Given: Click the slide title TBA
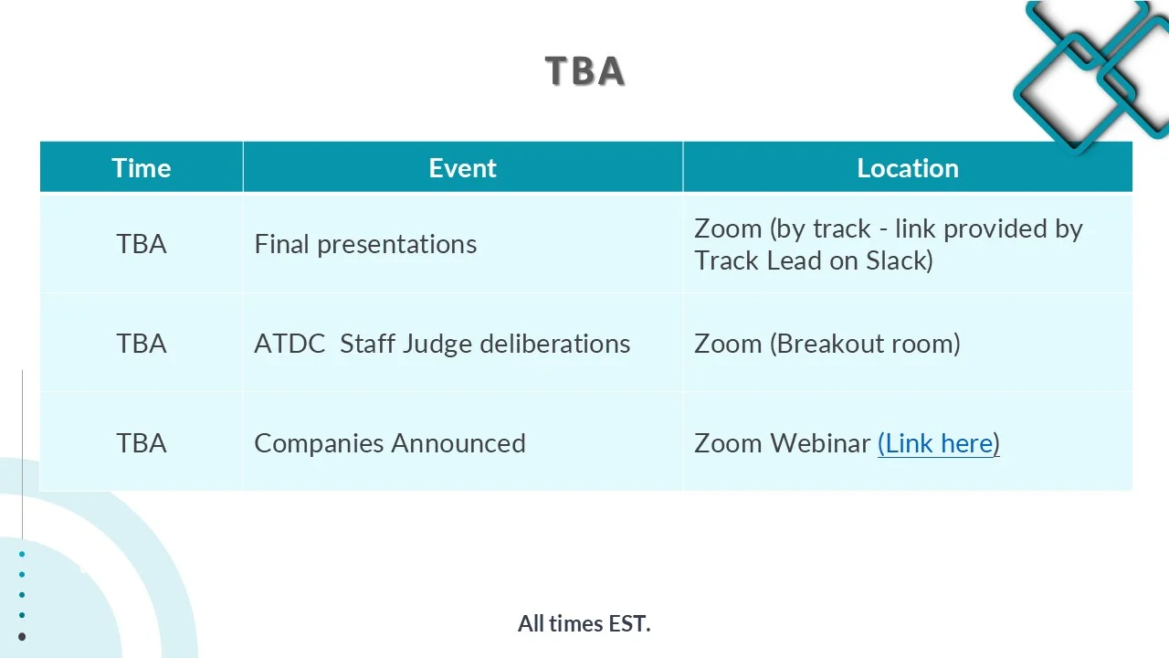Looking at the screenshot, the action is (584, 70).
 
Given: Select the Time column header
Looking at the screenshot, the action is (142, 168).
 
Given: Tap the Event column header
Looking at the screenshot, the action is (462, 168).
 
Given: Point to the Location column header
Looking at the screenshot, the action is (908, 168).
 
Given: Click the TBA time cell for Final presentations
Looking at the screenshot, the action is (142, 244).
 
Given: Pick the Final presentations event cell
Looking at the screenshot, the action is (365, 244).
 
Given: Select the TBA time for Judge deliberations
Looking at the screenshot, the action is (142, 344).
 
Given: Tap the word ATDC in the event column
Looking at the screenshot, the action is (290, 344).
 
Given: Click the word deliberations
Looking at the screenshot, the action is (554, 344).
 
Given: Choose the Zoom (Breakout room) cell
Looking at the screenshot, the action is (827, 344).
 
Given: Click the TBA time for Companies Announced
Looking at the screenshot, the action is (142, 443).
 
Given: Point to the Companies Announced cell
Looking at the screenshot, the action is (390, 443).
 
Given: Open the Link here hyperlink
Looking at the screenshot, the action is (939, 444).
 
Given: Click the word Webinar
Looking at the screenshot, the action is (820, 443).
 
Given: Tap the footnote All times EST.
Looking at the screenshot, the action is (584, 623).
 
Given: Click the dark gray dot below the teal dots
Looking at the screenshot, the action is (22, 637).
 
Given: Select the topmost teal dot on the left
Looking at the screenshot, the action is (22, 554).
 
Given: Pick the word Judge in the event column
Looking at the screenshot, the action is (437, 345).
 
